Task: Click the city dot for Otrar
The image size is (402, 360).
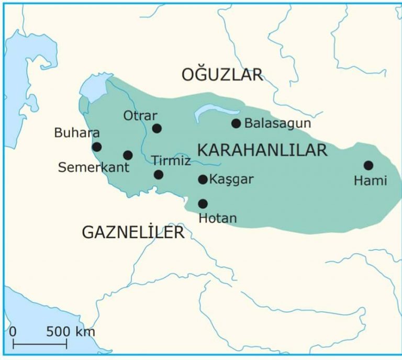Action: tap(157, 128)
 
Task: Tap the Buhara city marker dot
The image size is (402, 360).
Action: tap(97, 147)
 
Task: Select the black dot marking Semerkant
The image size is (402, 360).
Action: tap(128, 155)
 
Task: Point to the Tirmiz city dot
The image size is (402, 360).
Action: tap(159, 175)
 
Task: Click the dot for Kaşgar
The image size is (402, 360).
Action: tap(203, 179)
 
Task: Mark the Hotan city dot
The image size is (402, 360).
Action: tap(203, 204)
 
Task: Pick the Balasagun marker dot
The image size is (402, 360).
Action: tap(236, 123)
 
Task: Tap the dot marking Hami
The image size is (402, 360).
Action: tap(368, 165)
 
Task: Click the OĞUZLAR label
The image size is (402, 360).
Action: tap(222, 75)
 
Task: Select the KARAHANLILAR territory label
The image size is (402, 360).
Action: tap(262, 150)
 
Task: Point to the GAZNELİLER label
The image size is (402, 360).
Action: tap(133, 232)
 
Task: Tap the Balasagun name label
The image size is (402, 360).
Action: tap(278, 123)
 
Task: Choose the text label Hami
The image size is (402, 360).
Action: tap(370, 181)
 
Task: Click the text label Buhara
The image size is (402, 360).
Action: tap(77, 133)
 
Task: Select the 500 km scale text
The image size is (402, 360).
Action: tap(71, 331)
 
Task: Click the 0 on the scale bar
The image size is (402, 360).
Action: tap(13, 331)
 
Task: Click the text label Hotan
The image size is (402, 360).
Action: tap(218, 218)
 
